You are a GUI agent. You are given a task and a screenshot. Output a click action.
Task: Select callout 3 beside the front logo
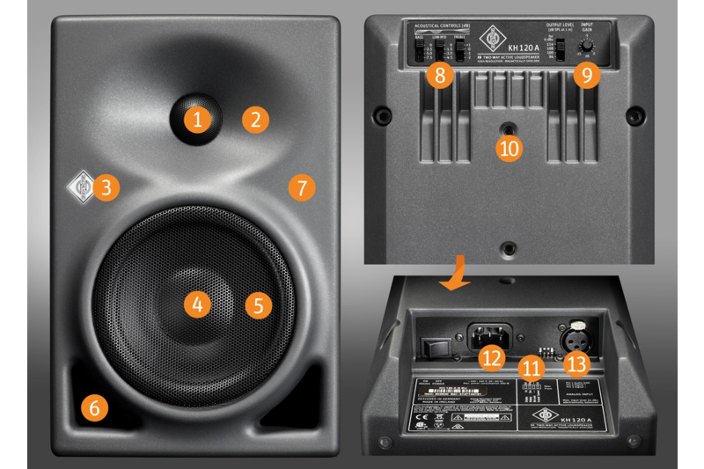pos(106,187)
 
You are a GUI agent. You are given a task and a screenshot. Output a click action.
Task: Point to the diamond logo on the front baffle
pos(81,186)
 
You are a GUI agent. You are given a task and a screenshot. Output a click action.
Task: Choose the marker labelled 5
pos(258,304)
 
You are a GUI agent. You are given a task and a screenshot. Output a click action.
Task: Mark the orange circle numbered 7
pos(301,187)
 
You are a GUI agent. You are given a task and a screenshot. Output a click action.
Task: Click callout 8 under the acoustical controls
pos(440,75)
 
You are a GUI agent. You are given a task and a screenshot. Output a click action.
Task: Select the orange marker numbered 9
pos(587,75)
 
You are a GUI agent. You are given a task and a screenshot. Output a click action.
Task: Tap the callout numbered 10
pos(509,147)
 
